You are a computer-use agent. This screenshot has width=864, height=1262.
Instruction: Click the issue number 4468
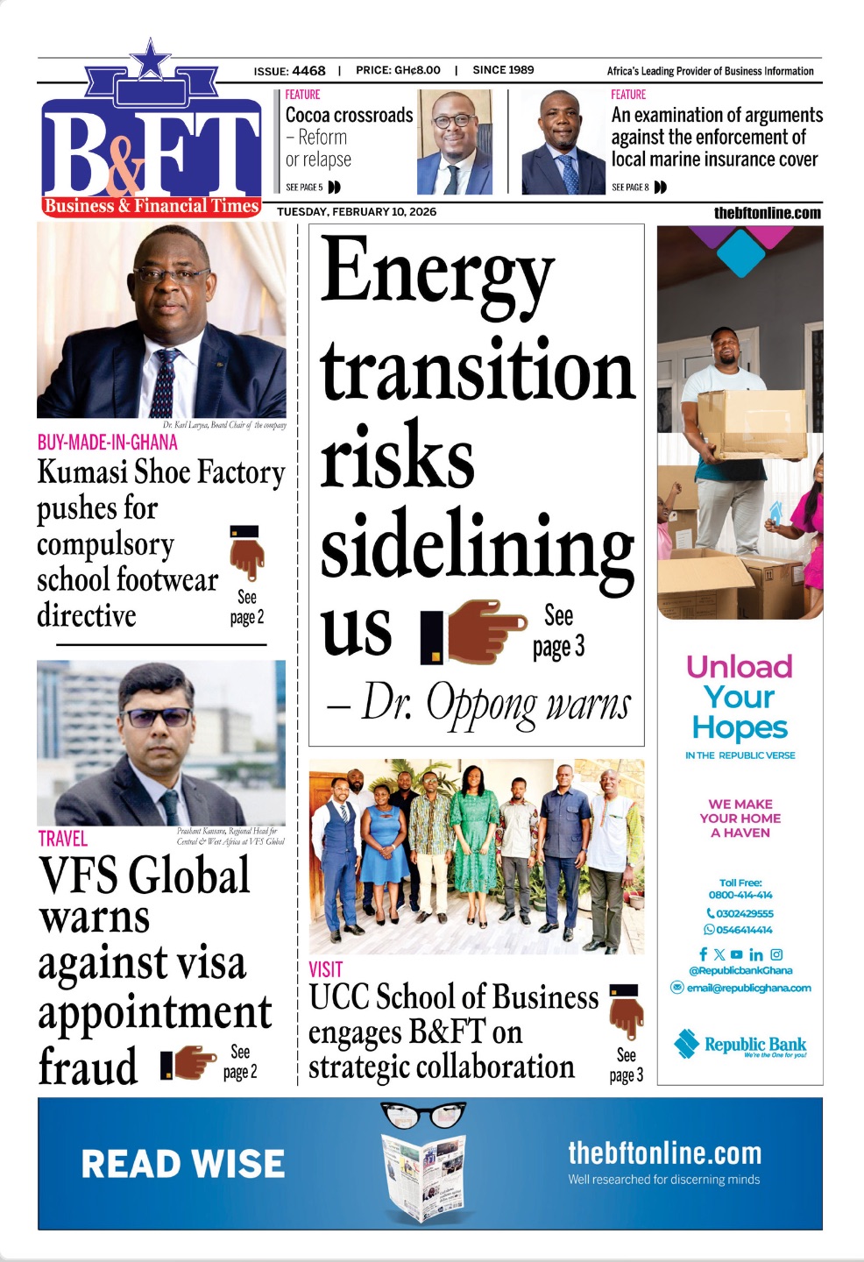(x=308, y=70)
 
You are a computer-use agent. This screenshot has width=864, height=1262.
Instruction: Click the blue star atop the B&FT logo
(x=152, y=60)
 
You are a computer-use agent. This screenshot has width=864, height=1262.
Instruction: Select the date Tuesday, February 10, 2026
(x=357, y=212)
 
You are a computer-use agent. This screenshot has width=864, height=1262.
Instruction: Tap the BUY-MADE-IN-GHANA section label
(x=107, y=443)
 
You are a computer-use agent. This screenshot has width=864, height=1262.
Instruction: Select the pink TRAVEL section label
(x=62, y=839)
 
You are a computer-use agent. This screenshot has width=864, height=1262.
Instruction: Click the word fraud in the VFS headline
(x=88, y=1067)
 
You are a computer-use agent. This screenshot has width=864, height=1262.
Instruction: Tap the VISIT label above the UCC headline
(x=325, y=969)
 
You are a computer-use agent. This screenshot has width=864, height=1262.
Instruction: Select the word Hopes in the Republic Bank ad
(x=740, y=727)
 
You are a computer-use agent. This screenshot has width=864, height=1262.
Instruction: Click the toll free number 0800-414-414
(x=740, y=895)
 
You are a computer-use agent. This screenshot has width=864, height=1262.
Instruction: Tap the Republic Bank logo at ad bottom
(x=740, y=1045)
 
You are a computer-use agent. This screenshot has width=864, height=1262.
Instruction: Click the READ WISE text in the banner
(x=183, y=1164)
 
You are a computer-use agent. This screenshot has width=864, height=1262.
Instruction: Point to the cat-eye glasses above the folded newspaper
(x=423, y=1114)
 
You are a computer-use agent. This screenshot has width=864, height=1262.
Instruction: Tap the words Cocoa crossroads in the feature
(x=349, y=116)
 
